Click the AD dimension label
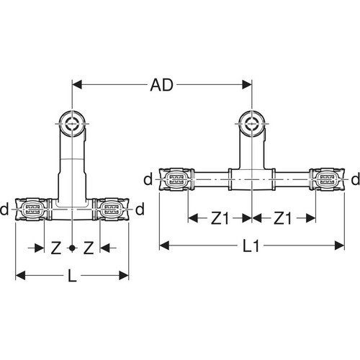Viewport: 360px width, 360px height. (161, 85)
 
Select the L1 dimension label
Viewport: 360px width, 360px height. (251, 246)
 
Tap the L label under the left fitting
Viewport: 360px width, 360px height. (72, 276)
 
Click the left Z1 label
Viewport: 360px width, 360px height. (220, 219)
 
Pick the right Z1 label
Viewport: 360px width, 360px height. (283, 219)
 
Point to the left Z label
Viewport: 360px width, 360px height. (56, 248)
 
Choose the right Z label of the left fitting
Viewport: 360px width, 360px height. (89, 248)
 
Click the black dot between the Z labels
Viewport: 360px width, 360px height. (72, 248)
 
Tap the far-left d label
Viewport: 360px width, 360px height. (4, 209)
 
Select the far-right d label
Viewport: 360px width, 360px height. (356, 179)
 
